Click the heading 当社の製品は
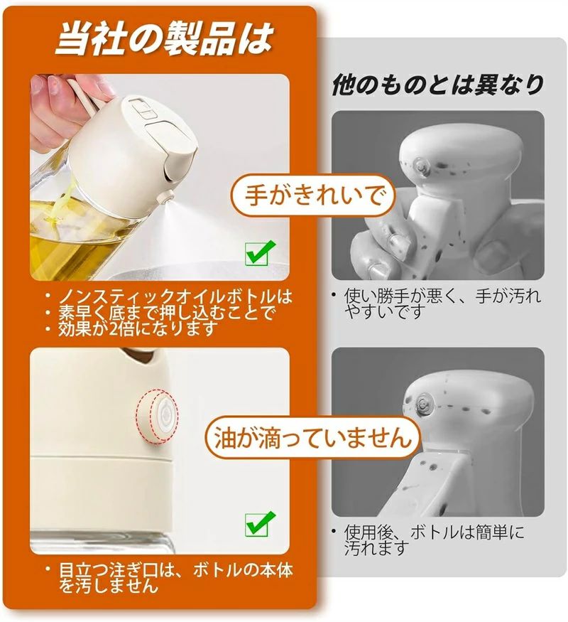[164, 38]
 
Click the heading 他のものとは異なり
[437, 85]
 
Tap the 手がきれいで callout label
[314, 195]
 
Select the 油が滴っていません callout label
[312, 438]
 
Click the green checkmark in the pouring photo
[260, 252]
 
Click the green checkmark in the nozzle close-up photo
[260, 524]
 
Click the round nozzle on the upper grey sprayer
[420, 165]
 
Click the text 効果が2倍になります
[138, 328]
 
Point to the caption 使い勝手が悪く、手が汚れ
[442, 296]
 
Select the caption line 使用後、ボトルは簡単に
[433, 532]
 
